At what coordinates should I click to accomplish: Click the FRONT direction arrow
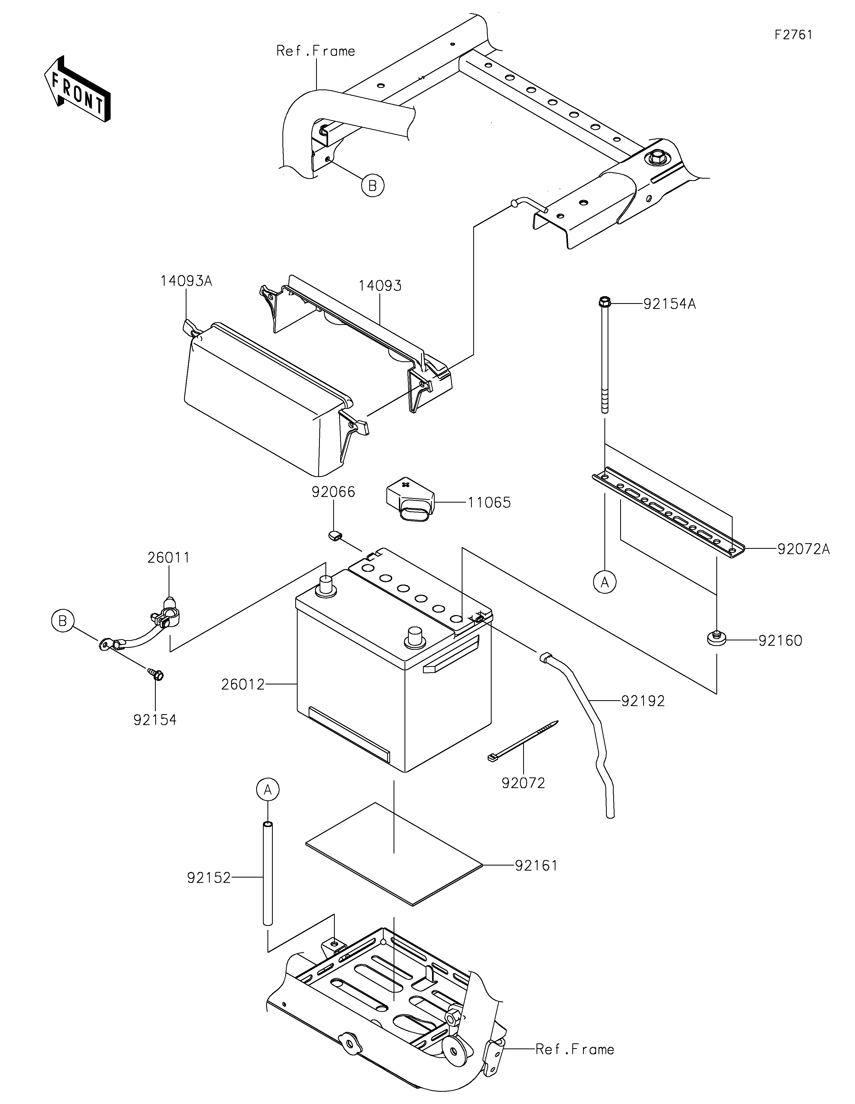coord(77,89)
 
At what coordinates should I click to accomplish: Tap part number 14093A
coord(186,281)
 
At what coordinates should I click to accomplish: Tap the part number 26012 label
coord(243,684)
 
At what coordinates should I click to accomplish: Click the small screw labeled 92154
coord(156,674)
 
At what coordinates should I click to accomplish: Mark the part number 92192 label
coord(643,701)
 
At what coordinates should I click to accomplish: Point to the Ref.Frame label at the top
coord(316,51)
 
